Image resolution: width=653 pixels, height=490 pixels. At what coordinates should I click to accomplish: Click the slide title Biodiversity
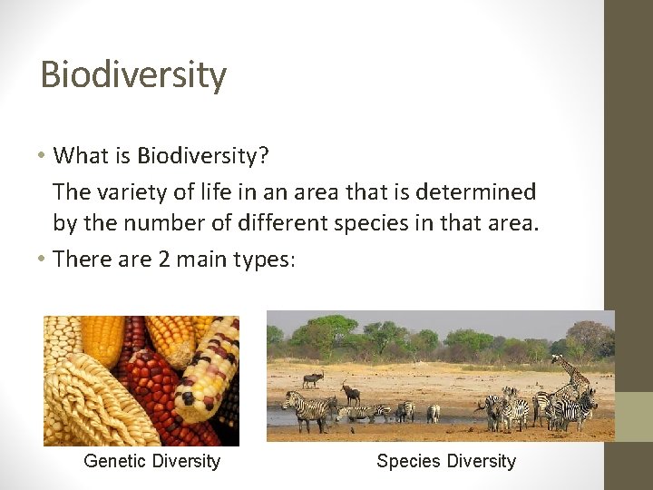[133, 74]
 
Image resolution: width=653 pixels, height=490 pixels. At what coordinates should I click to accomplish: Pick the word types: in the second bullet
[263, 260]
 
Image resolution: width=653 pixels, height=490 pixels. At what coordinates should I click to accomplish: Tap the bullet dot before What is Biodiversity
[43, 155]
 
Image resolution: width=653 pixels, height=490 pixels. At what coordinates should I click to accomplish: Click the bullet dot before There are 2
[43, 259]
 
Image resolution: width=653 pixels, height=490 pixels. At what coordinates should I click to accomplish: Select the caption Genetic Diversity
[151, 461]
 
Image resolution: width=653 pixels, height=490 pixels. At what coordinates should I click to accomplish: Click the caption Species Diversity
[445, 461]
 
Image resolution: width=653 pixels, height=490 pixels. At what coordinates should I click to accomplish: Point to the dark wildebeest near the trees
[312, 379]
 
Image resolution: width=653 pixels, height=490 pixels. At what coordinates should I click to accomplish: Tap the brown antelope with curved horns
[350, 393]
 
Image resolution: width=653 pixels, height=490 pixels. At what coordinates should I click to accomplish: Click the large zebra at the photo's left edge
[307, 409]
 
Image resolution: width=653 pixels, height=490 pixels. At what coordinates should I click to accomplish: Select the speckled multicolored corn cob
[209, 372]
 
